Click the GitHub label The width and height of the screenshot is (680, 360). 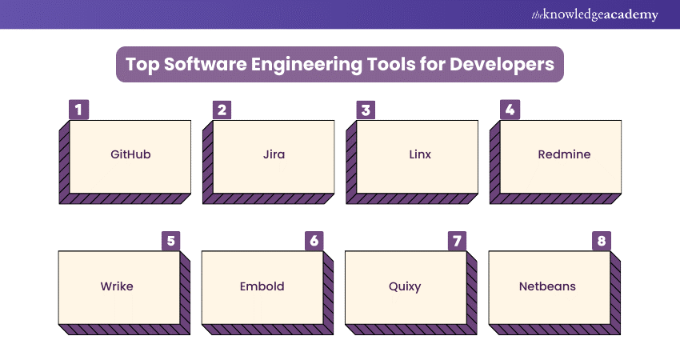(x=130, y=154)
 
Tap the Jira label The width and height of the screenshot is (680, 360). (x=274, y=154)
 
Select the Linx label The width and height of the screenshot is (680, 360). (x=420, y=154)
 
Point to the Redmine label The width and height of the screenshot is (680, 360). (x=564, y=154)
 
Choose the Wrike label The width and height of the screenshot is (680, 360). (x=117, y=286)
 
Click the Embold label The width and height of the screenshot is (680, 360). (x=262, y=286)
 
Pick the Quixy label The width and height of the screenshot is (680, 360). (x=405, y=286)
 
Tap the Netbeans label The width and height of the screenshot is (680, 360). (x=547, y=286)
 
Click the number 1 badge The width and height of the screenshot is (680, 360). (x=78, y=110)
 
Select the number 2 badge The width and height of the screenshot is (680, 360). (x=222, y=110)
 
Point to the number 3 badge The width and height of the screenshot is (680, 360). (x=366, y=110)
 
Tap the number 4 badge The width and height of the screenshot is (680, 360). (x=510, y=110)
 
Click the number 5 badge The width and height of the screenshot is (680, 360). (x=171, y=241)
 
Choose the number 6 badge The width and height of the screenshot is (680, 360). (x=314, y=241)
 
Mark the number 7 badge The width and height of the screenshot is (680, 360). (x=457, y=241)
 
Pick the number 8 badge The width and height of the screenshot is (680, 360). (x=602, y=241)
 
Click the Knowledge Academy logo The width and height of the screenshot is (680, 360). (x=594, y=14)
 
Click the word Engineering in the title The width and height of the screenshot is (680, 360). (x=306, y=65)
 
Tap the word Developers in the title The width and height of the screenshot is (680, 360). (x=502, y=65)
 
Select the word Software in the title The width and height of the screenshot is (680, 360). (x=205, y=64)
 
